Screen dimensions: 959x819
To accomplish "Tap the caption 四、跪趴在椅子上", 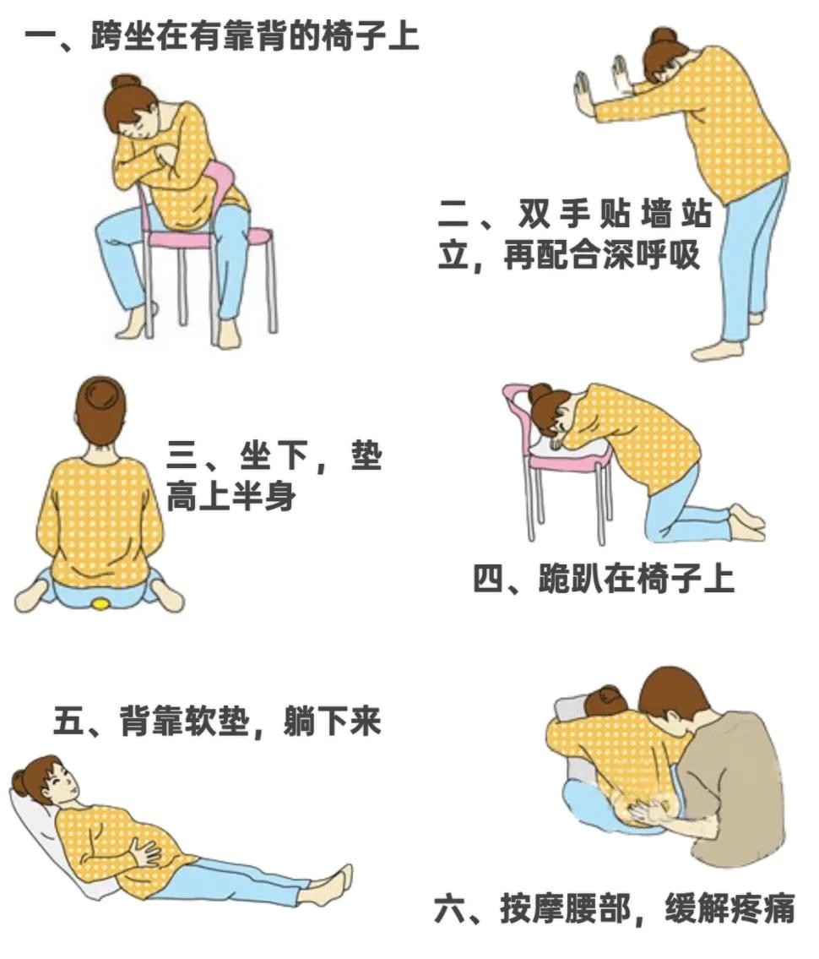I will [603, 580].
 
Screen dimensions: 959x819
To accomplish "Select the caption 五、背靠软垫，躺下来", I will [217, 722].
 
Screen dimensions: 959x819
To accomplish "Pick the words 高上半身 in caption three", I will [231, 497].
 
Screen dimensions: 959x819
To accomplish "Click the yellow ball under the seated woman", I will [100, 603].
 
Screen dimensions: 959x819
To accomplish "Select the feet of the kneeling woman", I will [747, 522].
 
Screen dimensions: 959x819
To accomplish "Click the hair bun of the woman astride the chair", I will [127, 83].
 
